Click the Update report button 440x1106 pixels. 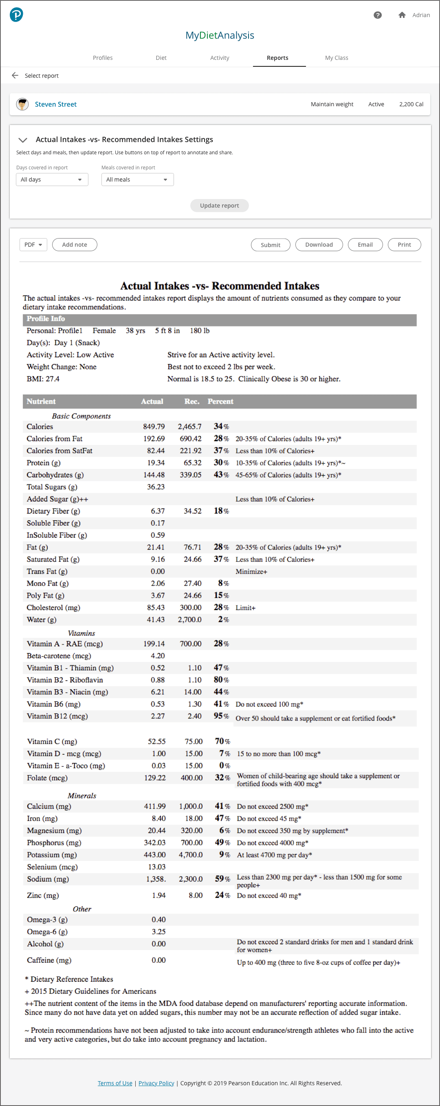pyautogui.click(x=219, y=206)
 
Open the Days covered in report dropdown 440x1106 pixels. pyautogui.click(x=52, y=180)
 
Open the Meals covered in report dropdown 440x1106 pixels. pyautogui.click(x=137, y=180)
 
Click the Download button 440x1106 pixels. pyautogui.click(x=319, y=245)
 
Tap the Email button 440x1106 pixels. pyautogui.click(x=365, y=245)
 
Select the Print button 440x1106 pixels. pyautogui.click(x=404, y=245)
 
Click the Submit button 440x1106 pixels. pyautogui.click(x=270, y=245)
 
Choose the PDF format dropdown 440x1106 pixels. pyautogui.click(x=33, y=245)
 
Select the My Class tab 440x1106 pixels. pyautogui.click(x=337, y=58)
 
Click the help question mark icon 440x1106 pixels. pyautogui.click(x=378, y=15)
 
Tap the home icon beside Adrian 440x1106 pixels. pyautogui.click(x=402, y=15)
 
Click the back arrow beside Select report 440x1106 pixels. pyautogui.click(x=15, y=76)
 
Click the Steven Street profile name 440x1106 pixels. pyautogui.click(x=56, y=104)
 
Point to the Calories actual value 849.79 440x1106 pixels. pyautogui.click(x=154, y=427)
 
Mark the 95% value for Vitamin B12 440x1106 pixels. pyautogui.click(x=221, y=716)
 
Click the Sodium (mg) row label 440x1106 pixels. pyautogui.click(x=48, y=879)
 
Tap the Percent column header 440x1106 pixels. pyautogui.click(x=220, y=401)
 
